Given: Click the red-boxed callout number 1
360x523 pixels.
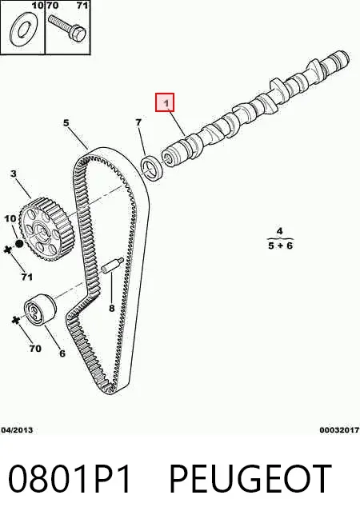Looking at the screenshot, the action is [165, 102].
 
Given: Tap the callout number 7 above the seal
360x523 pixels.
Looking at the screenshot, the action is [138, 122].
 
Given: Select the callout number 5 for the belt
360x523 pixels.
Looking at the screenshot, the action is [66, 122].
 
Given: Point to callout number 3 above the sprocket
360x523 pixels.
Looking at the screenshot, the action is [14, 174].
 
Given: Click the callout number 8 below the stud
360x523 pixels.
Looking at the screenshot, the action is [112, 308].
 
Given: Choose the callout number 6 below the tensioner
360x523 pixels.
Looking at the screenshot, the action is [62, 353].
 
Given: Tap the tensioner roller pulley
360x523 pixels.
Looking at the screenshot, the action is [40, 309].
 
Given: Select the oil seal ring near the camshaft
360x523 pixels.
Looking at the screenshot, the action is [152, 167].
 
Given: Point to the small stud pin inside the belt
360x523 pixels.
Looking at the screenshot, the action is [113, 266].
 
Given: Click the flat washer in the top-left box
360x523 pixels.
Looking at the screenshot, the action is [23, 31].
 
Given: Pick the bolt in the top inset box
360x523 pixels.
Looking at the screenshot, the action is [67, 28].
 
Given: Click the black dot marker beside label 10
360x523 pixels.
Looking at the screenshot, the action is [19, 244].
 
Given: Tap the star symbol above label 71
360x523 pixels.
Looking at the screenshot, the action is [7, 250].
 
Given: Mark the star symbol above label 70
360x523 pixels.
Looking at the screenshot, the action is [14, 320].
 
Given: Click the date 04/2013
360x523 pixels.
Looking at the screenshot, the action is [17, 430].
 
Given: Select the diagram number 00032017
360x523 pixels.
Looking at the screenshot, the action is [339, 430].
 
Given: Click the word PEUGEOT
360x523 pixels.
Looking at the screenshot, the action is [250, 479].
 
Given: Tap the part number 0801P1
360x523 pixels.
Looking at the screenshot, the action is [69, 479].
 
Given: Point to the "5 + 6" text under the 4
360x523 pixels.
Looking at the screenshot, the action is [280, 246].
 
